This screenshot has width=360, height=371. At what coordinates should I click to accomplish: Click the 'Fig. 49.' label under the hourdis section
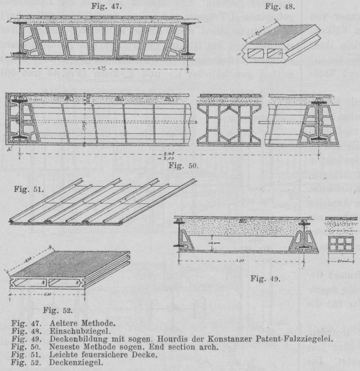(x=266, y=278)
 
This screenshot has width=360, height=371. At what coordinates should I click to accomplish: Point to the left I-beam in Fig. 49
(x=185, y=238)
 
